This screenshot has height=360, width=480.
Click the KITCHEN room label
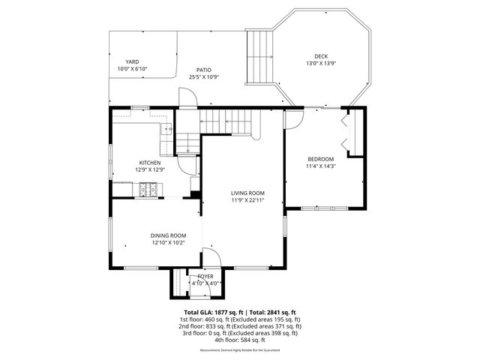coord(149,163)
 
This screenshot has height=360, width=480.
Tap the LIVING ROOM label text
coord(247,193)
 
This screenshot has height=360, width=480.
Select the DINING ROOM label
coord(168,235)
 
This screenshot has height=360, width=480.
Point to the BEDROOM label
coord(320,159)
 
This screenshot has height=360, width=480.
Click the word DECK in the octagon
coord(320,56)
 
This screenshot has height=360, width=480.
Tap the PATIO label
coord(203,69)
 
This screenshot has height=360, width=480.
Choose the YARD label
coord(132,62)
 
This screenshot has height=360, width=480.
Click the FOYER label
coord(205,277)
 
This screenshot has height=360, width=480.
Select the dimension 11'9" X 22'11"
coord(247,200)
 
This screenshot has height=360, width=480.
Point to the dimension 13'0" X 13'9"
coord(320,63)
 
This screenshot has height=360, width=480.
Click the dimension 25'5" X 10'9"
coord(203,76)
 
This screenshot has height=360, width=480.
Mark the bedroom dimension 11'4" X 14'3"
coord(320,166)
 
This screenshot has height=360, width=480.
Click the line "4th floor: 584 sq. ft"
coord(240,340)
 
